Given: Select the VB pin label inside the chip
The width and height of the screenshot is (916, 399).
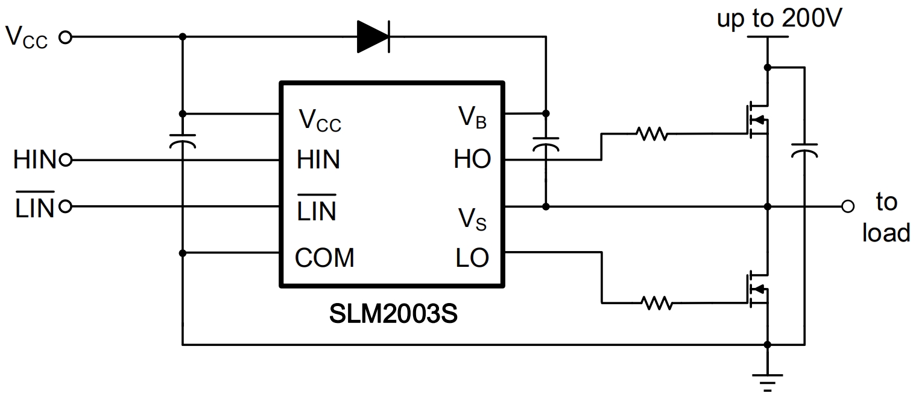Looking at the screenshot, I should pyautogui.click(x=472, y=118).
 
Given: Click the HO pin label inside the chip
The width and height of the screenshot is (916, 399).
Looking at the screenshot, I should pyautogui.click(x=472, y=160).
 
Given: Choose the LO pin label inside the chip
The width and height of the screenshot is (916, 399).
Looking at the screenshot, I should pyautogui.click(x=472, y=258).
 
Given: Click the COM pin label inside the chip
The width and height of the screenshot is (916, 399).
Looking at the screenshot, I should pyautogui.click(x=324, y=258).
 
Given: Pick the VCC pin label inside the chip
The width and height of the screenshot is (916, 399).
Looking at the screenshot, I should pyautogui.click(x=320, y=121).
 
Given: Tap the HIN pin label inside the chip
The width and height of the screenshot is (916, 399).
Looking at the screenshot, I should pyautogui.click(x=318, y=160).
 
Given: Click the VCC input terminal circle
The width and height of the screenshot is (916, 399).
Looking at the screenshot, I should pyautogui.click(x=65, y=37).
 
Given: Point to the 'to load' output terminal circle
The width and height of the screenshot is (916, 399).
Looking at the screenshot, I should pyautogui.click(x=848, y=207).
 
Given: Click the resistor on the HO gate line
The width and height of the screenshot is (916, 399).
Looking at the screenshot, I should pyautogui.click(x=651, y=134).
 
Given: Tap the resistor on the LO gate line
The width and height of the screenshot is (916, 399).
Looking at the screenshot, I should pyautogui.click(x=657, y=304).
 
